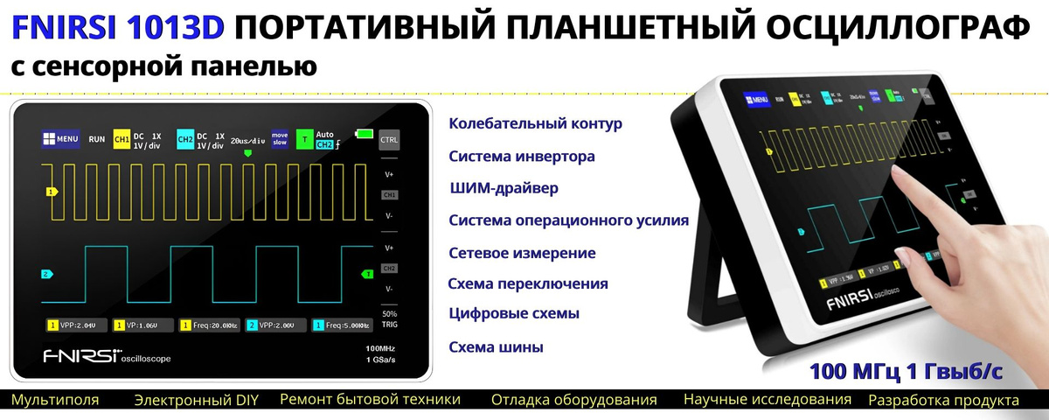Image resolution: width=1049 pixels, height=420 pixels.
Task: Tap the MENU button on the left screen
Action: tap(60, 138)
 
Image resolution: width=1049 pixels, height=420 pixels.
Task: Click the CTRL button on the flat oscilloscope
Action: tap(389, 139)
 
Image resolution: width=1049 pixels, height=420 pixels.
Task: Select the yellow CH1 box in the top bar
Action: tap(122, 138)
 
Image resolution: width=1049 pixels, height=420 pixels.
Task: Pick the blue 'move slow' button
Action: tap(280, 139)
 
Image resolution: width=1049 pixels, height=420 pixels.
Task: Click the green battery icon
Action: tap(363, 133)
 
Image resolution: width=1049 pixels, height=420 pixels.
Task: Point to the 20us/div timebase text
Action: tap(247, 140)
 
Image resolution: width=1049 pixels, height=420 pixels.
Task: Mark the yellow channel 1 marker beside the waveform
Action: tap(52, 191)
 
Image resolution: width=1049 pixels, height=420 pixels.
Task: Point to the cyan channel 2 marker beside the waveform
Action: tap(46, 274)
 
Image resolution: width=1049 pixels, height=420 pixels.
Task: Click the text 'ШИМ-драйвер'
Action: tap(503, 188)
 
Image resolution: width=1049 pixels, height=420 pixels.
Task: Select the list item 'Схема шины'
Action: tap(496, 347)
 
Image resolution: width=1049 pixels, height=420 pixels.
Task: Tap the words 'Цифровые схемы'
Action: tap(514, 313)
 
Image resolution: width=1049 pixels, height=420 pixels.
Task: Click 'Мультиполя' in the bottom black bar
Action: tap(55, 401)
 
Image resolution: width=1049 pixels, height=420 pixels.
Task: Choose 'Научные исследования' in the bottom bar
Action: tap(767, 400)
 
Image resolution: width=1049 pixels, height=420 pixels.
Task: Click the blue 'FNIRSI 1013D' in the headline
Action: tap(119, 29)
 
